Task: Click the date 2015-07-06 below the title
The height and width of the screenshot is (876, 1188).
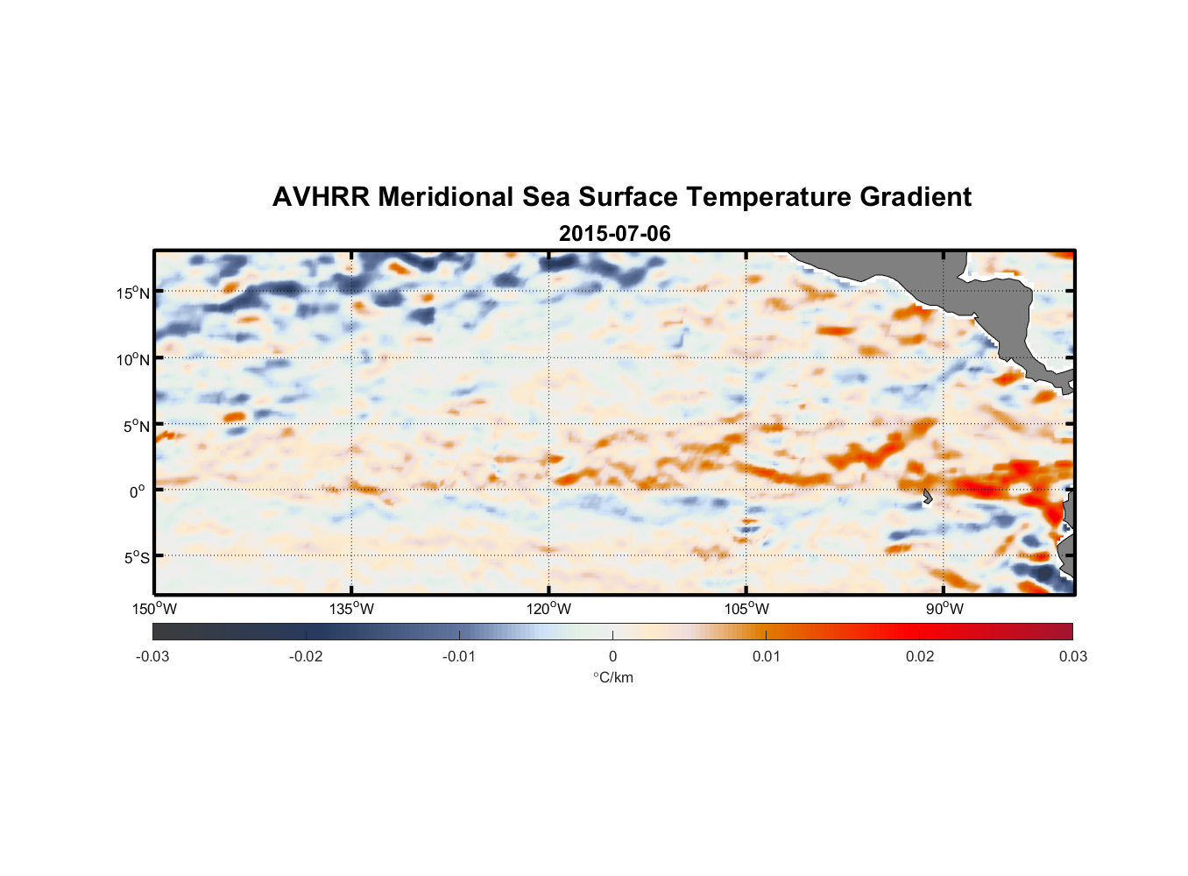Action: [x=614, y=234]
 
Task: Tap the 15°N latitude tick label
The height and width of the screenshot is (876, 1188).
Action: [x=132, y=293]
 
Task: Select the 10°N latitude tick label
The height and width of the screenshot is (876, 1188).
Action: [x=132, y=359]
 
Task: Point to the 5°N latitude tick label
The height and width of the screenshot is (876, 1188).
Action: [x=136, y=426]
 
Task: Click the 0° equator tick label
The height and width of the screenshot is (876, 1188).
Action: [x=137, y=492]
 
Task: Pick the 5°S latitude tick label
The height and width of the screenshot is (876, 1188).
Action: [x=136, y=558]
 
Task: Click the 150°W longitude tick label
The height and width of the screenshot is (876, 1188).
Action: [x=154, y=609]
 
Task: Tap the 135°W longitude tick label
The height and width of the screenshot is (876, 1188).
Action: [x=351, y=609]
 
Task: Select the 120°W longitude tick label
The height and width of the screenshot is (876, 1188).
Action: [x=548, y=609]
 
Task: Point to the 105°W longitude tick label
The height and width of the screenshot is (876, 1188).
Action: [x=746, y=609]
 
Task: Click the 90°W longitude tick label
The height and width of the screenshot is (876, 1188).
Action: [x=944, y=609]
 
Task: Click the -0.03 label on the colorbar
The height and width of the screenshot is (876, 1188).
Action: [x=152, y=656]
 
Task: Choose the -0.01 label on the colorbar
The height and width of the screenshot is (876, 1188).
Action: [x=459, y=656]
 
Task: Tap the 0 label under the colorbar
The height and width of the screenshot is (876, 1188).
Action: [x=612, y=656]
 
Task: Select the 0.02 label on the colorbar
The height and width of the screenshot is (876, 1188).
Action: [x=920, y=656]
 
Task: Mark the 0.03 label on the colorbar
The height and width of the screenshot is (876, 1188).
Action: [x=1072, y=656]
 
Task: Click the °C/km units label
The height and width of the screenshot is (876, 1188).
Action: [x=612, y=677]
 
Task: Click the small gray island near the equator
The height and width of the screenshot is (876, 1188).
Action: [x=927, y=497]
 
